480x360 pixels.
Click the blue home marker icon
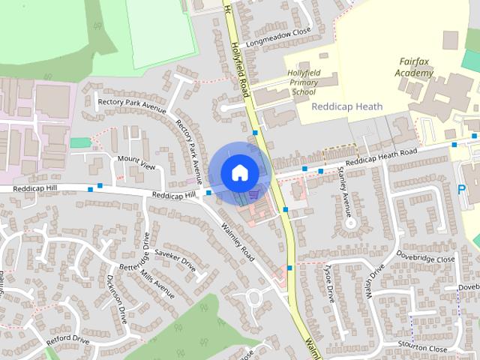238,172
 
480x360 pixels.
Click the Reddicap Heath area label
346,107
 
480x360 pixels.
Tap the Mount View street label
136,161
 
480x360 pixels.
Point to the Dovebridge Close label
425,259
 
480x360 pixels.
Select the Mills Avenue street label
157,284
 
